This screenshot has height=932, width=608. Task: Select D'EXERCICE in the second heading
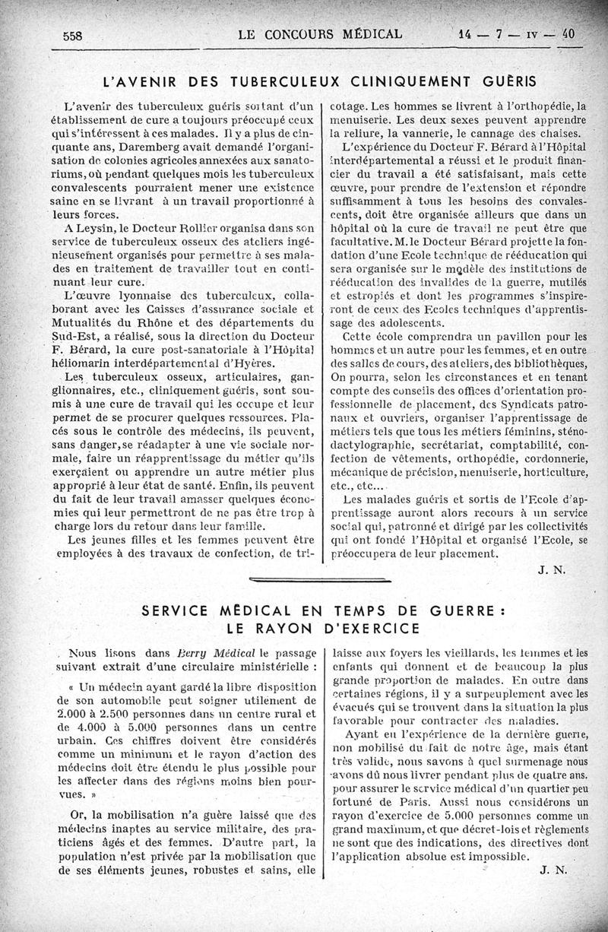370,628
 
